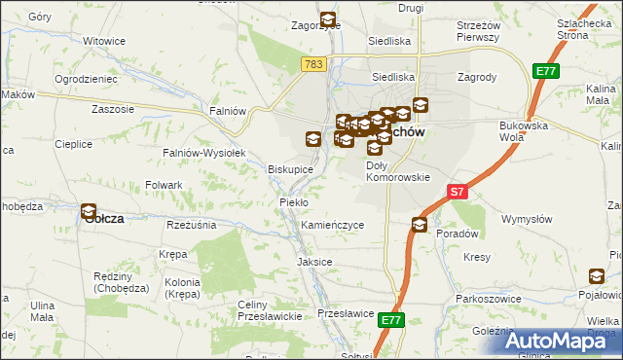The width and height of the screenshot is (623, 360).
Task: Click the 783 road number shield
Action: pos(311,63)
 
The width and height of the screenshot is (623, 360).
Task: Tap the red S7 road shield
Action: pos(458,193)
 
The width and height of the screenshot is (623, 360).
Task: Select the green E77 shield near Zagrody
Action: pos(545,71)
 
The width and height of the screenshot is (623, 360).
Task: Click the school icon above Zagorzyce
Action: pos(328,18)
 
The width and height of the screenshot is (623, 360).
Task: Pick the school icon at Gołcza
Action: pos(89,209)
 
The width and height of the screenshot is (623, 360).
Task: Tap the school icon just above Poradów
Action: pos(419,225)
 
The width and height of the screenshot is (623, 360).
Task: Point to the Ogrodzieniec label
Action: pos(86,78)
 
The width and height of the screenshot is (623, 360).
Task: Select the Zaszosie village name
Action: pos(112,109)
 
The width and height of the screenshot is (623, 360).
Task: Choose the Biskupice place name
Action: pos(290,169)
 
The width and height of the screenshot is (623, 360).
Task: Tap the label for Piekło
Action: pos(293,201)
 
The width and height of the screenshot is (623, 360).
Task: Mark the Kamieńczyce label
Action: pos(332,225)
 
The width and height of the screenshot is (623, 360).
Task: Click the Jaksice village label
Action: pos(314,262)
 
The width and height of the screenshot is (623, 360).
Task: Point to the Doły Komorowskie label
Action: pos(397,171)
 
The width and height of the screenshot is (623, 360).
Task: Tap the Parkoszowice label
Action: pos(491,298)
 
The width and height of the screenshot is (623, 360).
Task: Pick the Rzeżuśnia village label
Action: pos(190,225)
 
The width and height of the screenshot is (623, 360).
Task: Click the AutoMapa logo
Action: pos(562,341)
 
